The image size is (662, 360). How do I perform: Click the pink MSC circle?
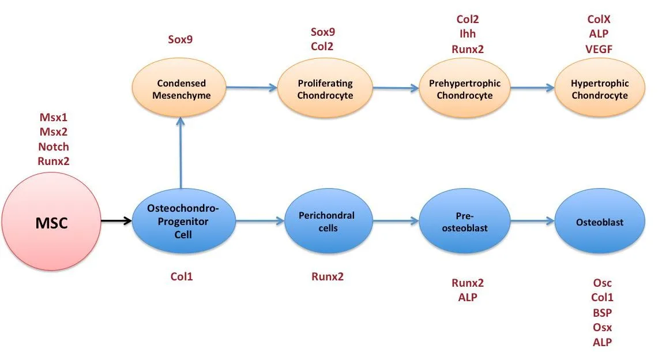pyautogui.click(x=51, y=222)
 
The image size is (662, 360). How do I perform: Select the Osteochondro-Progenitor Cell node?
pyautogui.click(x=183, y=221)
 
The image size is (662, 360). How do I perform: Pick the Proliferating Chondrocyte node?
pyautogui.click(x=325, y=88)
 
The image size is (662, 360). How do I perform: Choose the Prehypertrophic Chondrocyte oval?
pyautogui.click(x=464, y=88)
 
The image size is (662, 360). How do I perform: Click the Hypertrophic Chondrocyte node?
pyautogui.click(x=600, y=88)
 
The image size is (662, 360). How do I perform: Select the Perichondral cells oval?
pyautogui.click(x=328, y=221)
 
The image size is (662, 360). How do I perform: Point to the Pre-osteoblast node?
pyautogui.click(x=464, y=221)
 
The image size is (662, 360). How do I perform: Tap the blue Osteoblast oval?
pyautogui.click(x=600, y=221)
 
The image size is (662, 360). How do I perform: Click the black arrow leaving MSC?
pyautogui.click(x=116, y=220)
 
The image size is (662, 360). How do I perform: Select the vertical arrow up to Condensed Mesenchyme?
pyautogui.click(x=180, y=153)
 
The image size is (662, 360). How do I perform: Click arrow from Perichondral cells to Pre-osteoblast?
pyautogui.click(x=396, y=220)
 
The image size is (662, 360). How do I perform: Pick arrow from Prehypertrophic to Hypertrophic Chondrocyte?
pyautogui.click(x=532, y=88)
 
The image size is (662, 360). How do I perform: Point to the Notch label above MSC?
pyautogui.click(x=54, y=147)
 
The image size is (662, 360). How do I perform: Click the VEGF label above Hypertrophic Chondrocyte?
pyautogui.click(x=599, y=49)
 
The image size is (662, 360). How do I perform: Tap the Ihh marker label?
pyautogui.click(x=467, y=34)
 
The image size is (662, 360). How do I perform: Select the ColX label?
pyautogui.click(x=599, y=19)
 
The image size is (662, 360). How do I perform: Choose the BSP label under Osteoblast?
pyautogui.click(x=602, y=313)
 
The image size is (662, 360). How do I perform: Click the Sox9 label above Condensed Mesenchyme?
pyautogui.click(x=180, y=39)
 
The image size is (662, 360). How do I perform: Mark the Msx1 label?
pyautogui.click(x=54, y=117)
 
